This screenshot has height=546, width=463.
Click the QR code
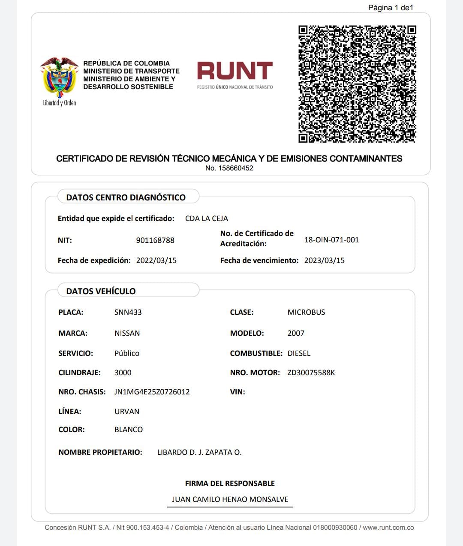(357, 84)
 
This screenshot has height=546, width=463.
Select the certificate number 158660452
(235, 168)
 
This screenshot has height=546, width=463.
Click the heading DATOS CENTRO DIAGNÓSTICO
(126, 197)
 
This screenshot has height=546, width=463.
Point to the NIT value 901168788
(155, 240)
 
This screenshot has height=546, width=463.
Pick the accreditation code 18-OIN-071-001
(331, 240)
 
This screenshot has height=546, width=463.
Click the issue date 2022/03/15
(156, 260)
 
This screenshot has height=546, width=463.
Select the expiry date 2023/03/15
(325, 260)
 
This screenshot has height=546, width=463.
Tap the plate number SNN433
(128, 312)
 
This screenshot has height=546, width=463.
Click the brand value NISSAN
(127, 333)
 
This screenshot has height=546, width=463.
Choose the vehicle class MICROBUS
(306, 312)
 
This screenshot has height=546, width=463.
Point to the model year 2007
(296, 333)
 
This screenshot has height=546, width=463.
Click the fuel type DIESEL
(299, 353)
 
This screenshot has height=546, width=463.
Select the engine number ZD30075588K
(311, 373)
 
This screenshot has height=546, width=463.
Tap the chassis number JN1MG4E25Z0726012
(152, 392)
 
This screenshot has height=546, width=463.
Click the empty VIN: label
(238, 392)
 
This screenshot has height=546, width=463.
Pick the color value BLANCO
(129, 430)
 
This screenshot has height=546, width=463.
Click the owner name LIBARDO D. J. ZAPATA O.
(199, 452)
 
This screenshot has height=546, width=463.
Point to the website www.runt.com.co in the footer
(388, 528)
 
